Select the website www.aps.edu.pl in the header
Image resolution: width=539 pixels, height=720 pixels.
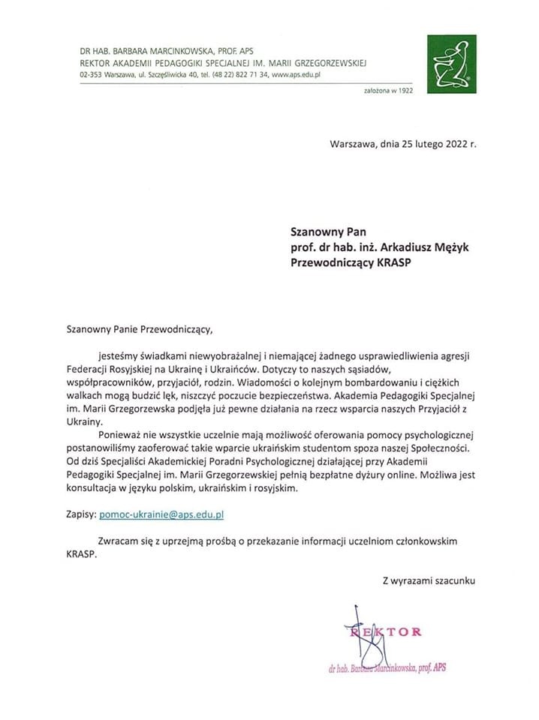coord(296,76)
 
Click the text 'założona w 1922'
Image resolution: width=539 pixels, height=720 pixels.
coord(387,91)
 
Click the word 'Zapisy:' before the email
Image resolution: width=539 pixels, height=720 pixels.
coord(81,515)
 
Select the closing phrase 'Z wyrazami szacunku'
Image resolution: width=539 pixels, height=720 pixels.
coord(429,580)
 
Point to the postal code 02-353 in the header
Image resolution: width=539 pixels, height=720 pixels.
coord(92,76)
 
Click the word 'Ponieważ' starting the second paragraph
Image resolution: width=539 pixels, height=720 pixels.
coord(120,435)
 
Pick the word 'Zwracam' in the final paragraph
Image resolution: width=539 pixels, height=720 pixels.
coord(119,541)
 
